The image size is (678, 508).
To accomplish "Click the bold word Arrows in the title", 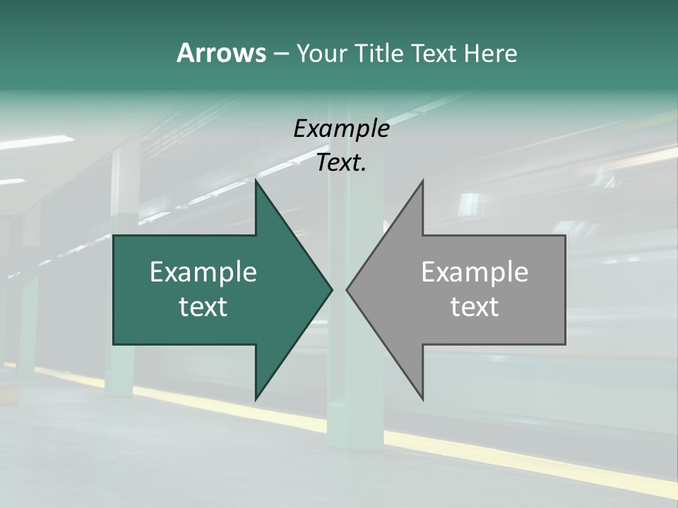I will click(x=221, y=53).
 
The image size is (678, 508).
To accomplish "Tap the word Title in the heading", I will click(x=377, y=53).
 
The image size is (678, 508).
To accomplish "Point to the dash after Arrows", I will click(x=280, y=54).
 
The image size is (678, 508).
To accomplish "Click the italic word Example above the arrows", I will click(x=341, y=128).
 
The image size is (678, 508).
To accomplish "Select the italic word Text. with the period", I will click(x=341, y=163).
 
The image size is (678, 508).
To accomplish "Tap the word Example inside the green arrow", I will click(x=203, y=272).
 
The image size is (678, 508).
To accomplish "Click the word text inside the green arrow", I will click(x=203, y=307).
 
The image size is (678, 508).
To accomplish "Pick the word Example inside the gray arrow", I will click(x=475, y=272).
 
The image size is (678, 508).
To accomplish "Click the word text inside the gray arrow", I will click(x=475, y=307).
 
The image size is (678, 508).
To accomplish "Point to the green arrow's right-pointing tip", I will click(x=331, y=289).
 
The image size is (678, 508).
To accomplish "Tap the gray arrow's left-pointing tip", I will click(x=348, y=289).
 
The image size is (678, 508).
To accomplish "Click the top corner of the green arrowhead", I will click(x=256, y=182).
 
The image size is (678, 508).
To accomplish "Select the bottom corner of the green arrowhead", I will click(x=256, y=398).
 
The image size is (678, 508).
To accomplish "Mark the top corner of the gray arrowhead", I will click(x=422, y=182).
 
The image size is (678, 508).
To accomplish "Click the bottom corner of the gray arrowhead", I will click(x=422, y=398).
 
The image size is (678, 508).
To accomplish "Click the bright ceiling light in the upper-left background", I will click(x=35, y=142).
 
